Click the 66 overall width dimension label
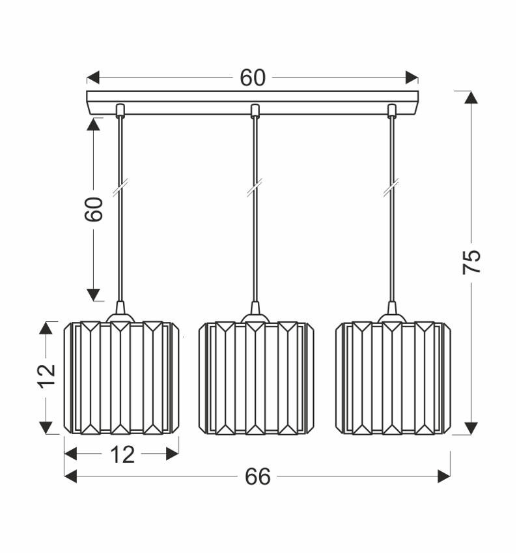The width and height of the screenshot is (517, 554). (258, 477)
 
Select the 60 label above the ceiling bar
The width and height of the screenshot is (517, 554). (253, 78)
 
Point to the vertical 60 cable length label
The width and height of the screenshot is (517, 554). (94, 209)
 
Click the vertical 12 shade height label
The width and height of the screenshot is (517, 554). (46, 377)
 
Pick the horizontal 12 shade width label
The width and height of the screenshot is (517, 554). (122, 454)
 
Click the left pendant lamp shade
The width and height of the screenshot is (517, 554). (121, 377)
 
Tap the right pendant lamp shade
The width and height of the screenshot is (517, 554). (393, 377)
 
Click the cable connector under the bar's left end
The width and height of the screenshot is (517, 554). (119, 110)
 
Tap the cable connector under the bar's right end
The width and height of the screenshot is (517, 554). (392, 110)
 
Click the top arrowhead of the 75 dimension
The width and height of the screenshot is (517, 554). (471, 97)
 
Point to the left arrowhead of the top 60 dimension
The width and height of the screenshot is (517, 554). (93, 78)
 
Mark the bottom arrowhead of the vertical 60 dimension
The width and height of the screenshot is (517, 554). (94, 294)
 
